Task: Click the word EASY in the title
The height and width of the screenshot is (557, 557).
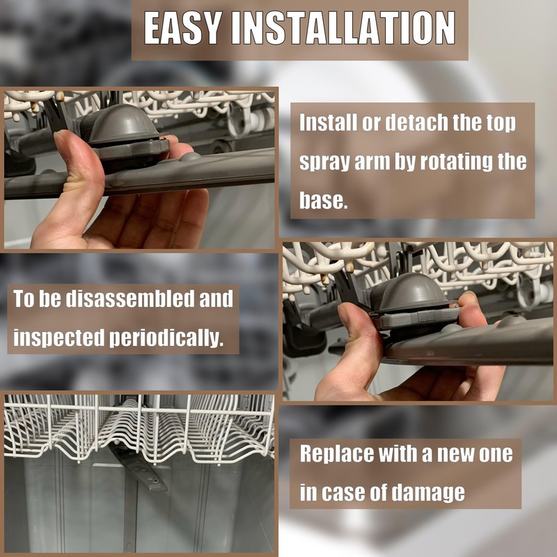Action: (181, 28)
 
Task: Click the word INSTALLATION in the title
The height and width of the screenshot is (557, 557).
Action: (343, 28)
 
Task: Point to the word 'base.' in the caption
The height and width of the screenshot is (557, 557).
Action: (323, 201)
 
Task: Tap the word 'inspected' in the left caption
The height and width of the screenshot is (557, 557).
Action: (58, 338)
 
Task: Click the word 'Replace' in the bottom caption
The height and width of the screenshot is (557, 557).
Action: (337, 454)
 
